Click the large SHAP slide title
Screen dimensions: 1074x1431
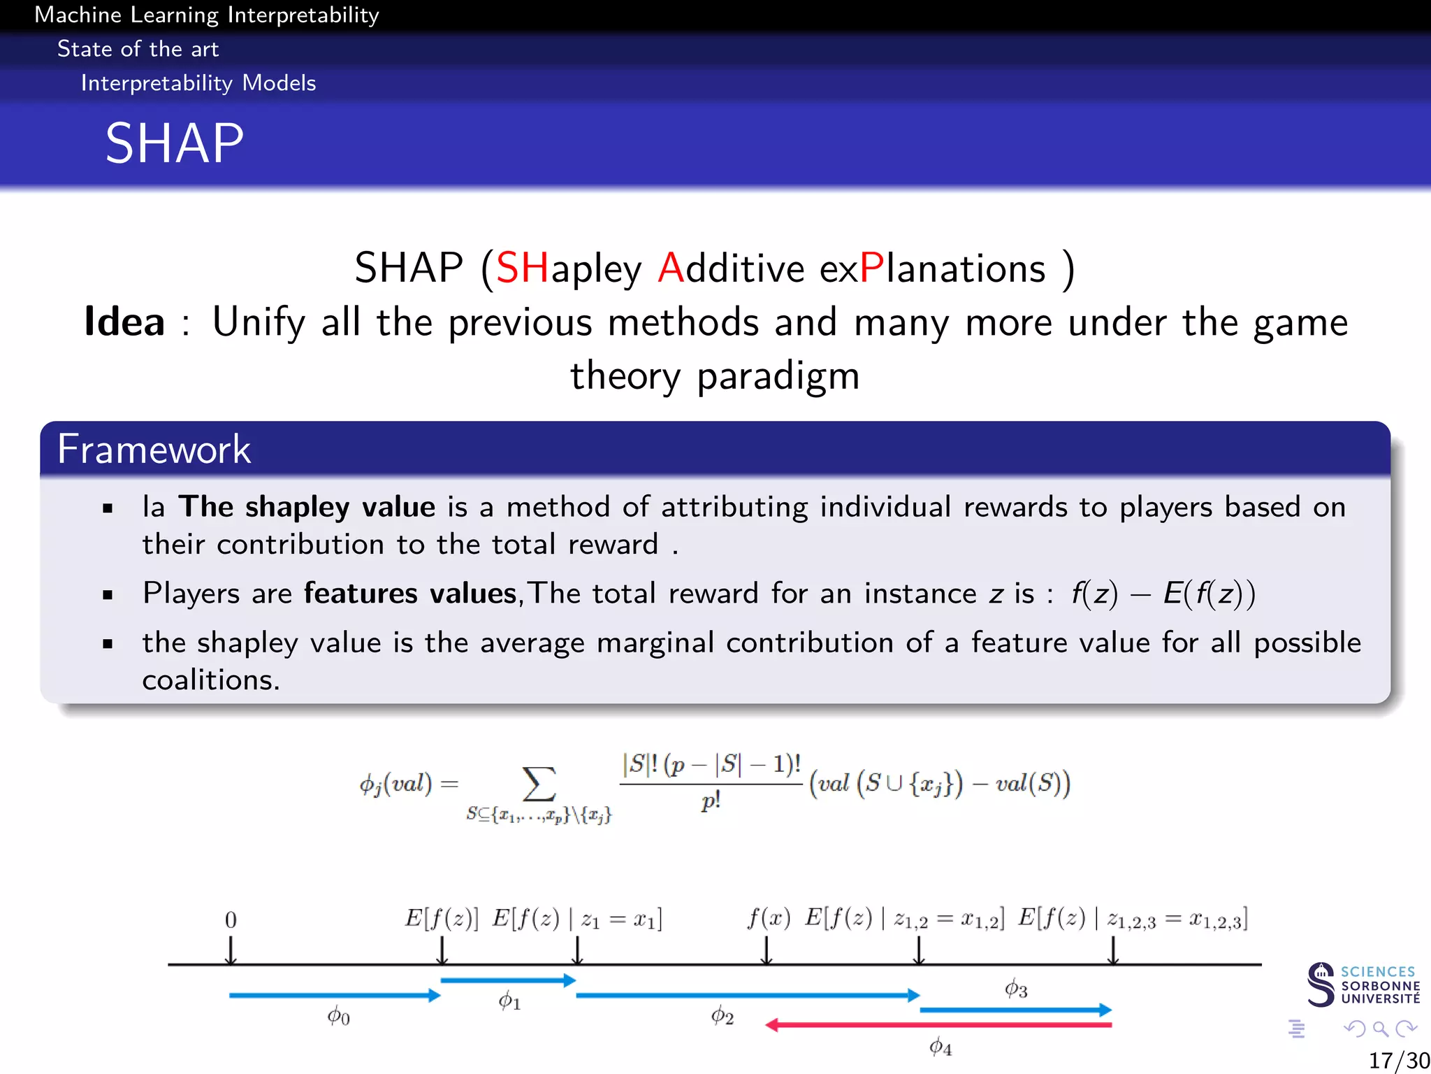(174, 143)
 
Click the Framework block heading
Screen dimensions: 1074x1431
(154, 449)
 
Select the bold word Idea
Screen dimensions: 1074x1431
(124, 322)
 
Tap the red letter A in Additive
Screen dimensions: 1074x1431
(670, 268)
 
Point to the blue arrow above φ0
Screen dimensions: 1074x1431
(334, 995)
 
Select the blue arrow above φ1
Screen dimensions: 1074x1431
(508, 980)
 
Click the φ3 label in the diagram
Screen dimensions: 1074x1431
(1015, 989)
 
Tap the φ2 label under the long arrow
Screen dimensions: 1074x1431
(722, 1015)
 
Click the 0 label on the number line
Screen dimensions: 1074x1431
(231, 919)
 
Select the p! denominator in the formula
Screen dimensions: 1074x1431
(711, 801)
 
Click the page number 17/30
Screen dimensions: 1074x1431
(1398, 1060)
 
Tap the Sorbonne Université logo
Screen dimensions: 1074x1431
(1363, 984)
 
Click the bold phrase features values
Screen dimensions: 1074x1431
(410, 594)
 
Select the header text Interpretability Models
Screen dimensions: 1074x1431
(198, 83)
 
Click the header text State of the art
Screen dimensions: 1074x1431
(138, 49)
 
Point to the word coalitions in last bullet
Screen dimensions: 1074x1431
(210, 680)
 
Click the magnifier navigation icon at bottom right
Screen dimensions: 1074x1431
(1380, 1029)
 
